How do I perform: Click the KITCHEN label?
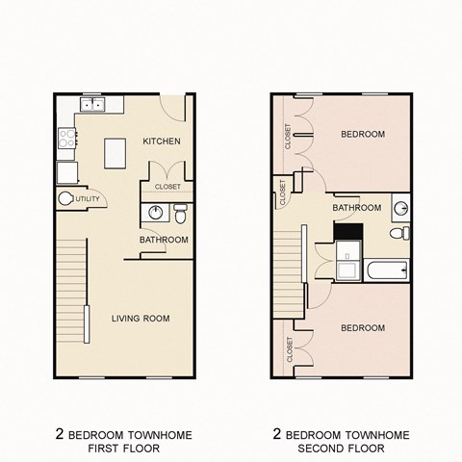161,141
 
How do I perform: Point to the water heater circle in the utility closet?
66,199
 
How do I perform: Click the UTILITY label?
87,199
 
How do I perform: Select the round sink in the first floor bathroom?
156,213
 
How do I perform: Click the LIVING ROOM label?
141,319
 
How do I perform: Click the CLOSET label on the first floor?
167,188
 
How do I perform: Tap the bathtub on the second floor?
387,269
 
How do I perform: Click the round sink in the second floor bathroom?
401,207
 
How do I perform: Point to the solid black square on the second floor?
346,232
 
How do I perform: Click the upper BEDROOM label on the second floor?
363,134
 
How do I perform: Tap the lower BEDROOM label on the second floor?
363,328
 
